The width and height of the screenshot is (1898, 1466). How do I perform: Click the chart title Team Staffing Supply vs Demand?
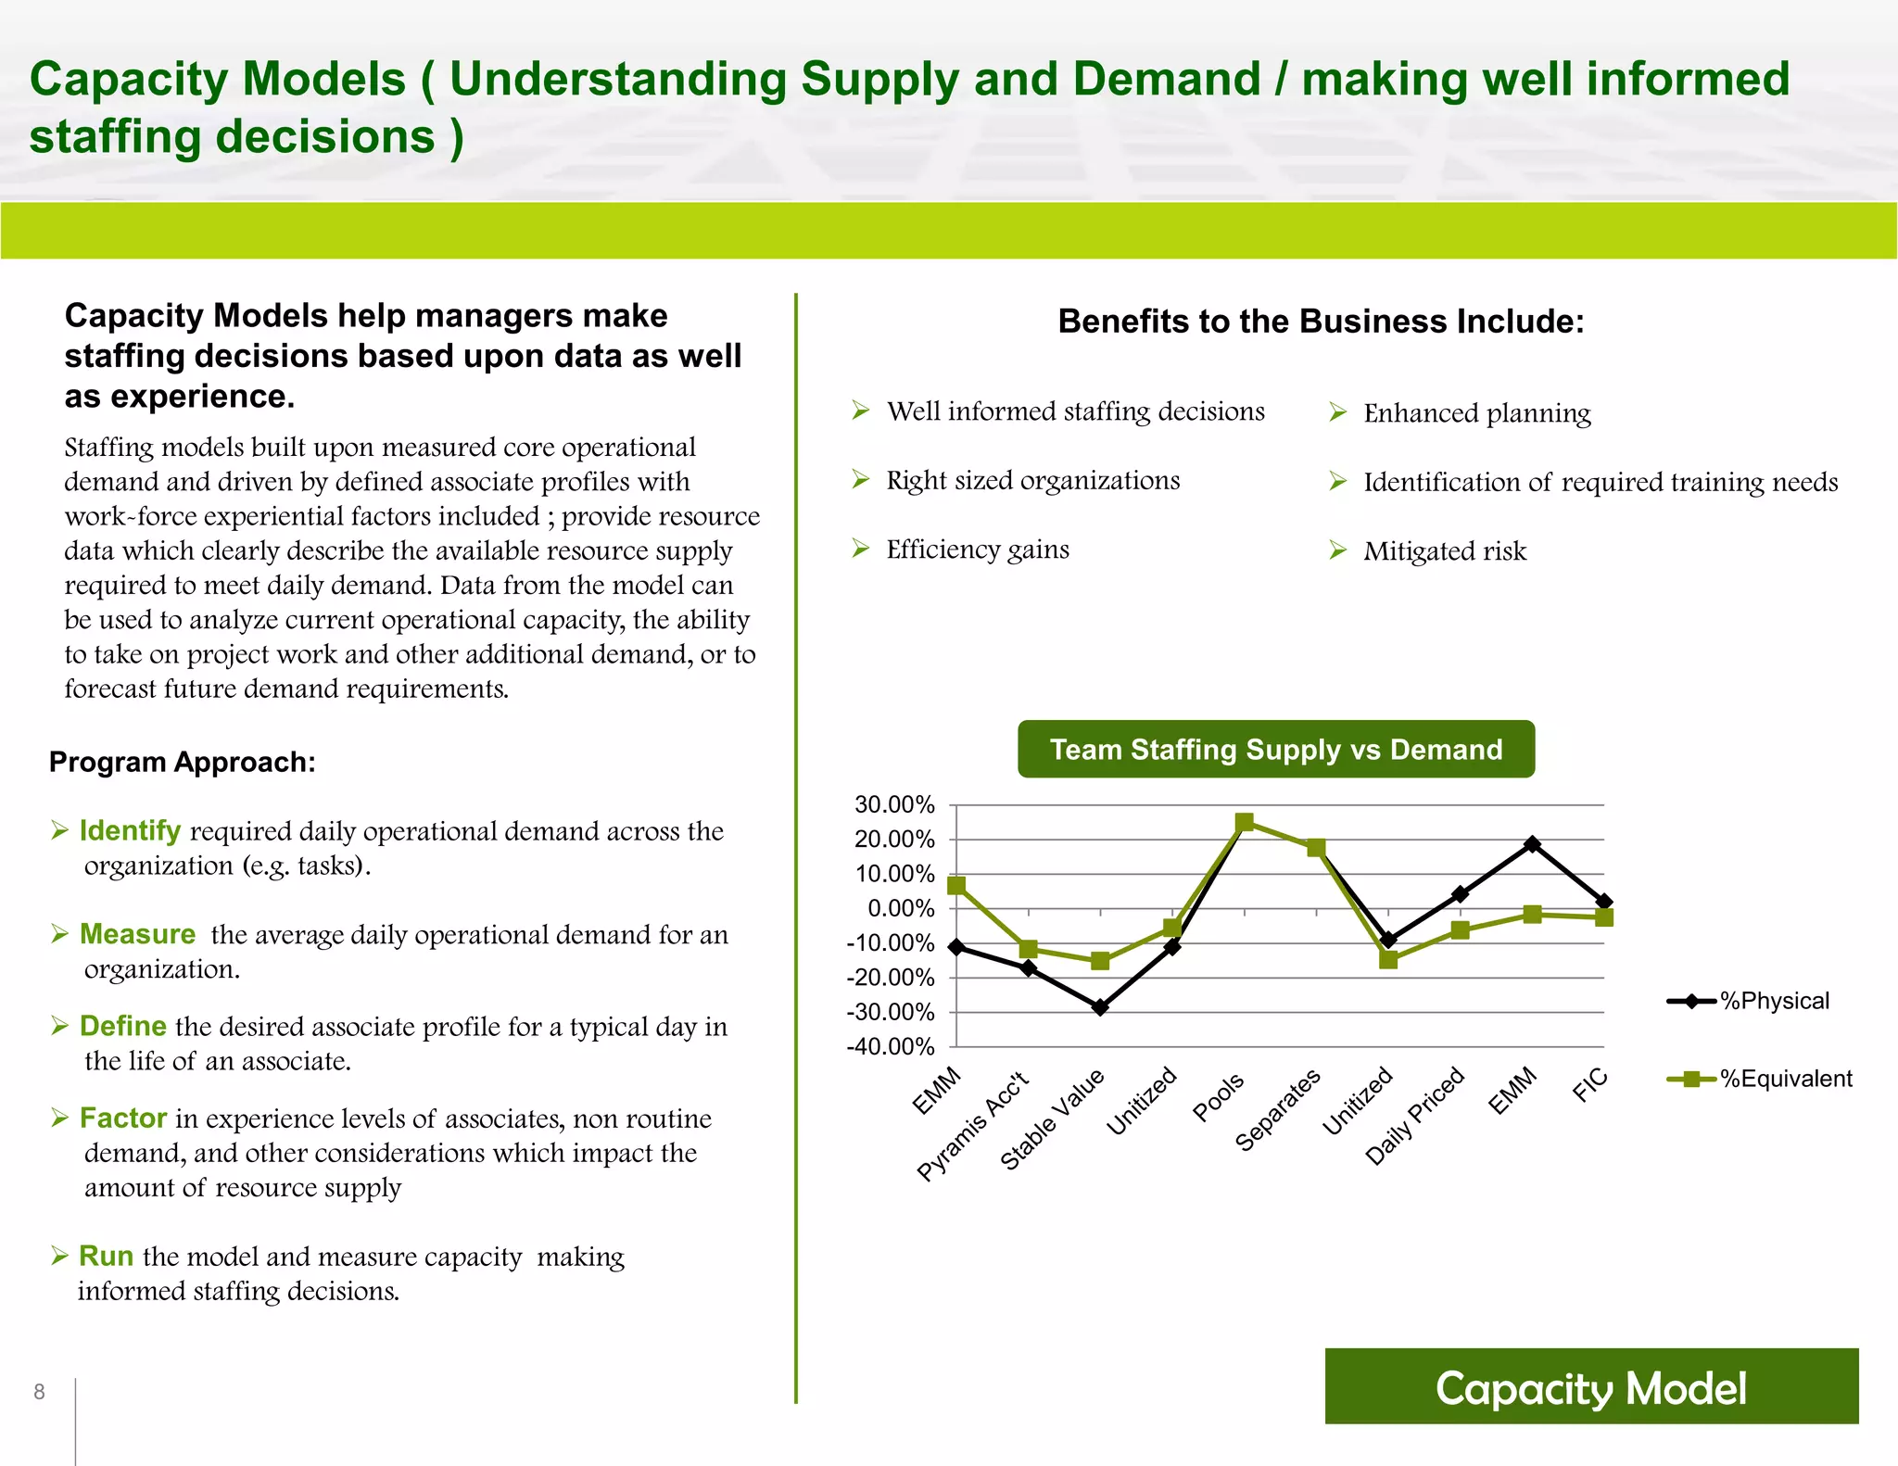pyautogui.click(x=1275, y=749)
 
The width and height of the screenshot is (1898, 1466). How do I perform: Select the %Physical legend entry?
pyautogui.click(x=1773, y=1001)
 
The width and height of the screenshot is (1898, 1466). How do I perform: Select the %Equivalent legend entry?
pyautogui.click(x=1784, y=1079)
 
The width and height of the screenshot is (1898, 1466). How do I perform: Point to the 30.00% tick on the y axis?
pyautogui.click(x=894, y=804)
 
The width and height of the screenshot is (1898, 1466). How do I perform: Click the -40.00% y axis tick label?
pyautogui.click(x=891, y=1047)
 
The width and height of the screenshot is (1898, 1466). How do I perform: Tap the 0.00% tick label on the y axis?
pyautogui.click(x=900, y=908)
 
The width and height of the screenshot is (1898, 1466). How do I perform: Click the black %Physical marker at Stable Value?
pyautogui.click(x=1100, y=1007)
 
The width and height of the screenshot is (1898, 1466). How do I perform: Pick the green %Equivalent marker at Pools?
pyautogui.click(x=1245, y=822)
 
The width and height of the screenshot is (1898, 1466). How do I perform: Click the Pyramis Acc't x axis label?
pyautogui.click(x=973, y=1126)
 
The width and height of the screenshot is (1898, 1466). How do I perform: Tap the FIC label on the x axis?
pyautogui.click(x=1589, y=1084)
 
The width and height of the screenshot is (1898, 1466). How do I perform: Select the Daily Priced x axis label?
pyautogui.click(x=1415, y=1117)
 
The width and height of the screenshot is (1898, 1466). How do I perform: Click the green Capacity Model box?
pyautogui.click(x=1591, y=1386)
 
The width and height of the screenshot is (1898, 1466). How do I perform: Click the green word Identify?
pyautogui.click(x=130, y=830)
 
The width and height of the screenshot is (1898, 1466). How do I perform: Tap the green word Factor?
pyautogui.click(x=123, y=1118)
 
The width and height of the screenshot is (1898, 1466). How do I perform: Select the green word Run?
pyautogui.click(x=107, y=1256)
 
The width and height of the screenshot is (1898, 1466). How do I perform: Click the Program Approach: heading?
pyautogui.click(x=183, y=762)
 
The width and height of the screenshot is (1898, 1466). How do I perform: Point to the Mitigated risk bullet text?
pyautogui.click(x=1444, y=551)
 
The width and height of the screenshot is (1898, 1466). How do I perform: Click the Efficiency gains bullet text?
pyautogui.click(x=978, y=550)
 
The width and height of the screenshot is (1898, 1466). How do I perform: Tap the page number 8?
pyautogui.click(x=39, y=1391)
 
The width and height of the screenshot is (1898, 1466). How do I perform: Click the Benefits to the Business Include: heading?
pyautogui.click(x=1321, y=322)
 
